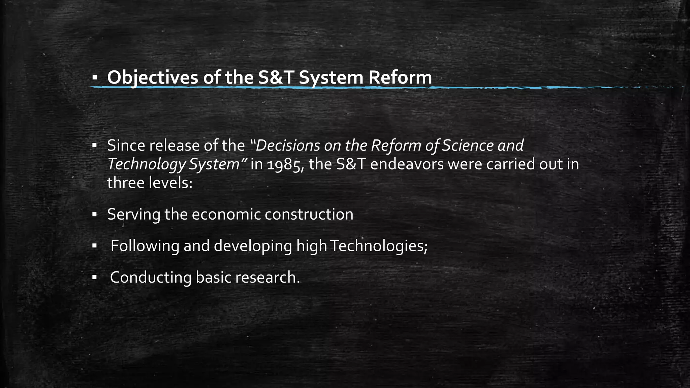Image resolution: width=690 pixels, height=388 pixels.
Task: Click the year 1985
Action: [x=285, y=165]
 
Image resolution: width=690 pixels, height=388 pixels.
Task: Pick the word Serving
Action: [x=133, y=215]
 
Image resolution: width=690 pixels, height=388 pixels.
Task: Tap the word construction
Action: [x=309, y=215]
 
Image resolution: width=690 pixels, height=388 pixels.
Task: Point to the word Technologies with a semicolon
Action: [x=379, y=246]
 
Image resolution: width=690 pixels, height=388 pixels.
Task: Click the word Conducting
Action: [x=150, y=278]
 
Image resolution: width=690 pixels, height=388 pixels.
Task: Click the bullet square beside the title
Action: [x=95, y=78]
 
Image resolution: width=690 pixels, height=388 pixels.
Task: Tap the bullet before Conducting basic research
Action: [x=95, y=278]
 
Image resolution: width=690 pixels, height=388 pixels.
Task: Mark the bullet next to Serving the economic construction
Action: [x=95, y=215]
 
